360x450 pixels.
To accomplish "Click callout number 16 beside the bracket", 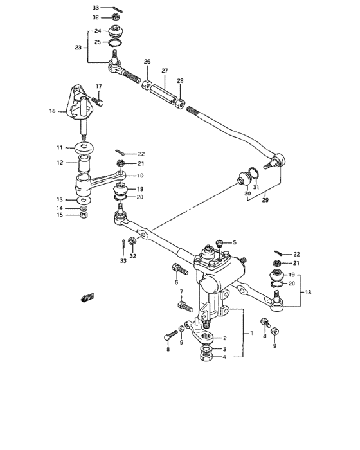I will tap(52, 111).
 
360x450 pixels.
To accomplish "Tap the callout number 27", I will tap(165, 71).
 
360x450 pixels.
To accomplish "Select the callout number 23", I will tap(78, 47).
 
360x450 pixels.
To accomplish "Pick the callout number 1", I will tap(251, 334).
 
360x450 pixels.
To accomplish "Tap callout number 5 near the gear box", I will tap(235, 242).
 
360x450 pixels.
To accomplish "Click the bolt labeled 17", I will tap(98, 101).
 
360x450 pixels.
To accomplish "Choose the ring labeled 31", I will tap(255, 171).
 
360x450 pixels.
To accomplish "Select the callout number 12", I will tap(59, 163).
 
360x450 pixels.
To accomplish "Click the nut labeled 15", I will tap(84, 215).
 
